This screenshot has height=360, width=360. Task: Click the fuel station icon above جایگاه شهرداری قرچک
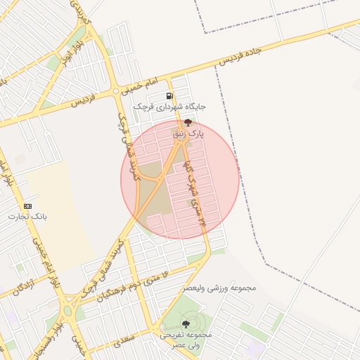tap(169, 96)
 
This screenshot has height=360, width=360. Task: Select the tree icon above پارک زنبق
tap(188, 122)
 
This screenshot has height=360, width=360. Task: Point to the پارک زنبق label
tap(188, 132)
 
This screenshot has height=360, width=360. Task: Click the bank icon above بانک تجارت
tap(27, 206)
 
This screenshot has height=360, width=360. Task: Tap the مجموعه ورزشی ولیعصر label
tap(220, 288)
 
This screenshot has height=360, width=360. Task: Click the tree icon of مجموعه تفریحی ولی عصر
tap(186, 324)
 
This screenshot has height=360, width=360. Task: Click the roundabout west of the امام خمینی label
tap(116, 91)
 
